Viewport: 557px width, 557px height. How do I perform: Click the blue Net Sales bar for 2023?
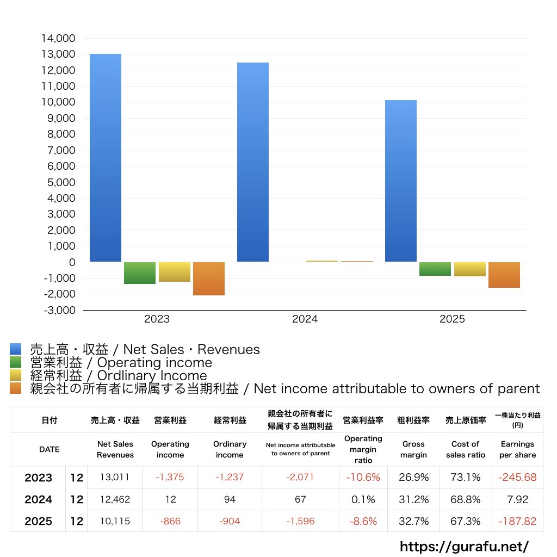click(x=106, y=158)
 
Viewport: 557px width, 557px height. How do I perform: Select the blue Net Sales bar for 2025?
click(x=401, y=181)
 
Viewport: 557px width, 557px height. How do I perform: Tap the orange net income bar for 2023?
click(x=209, y=278)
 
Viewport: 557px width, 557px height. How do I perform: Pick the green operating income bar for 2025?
click(x=435, y=269)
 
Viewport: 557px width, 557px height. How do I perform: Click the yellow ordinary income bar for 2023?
click(x=175, y=272)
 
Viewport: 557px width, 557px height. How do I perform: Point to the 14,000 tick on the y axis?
click(x=58, y=39)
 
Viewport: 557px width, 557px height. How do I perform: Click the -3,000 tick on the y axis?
click(x=58, y=310)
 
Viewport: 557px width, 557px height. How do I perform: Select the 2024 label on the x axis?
click(x=305, y=319)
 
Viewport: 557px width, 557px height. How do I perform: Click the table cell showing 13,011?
click(x=115, y=478)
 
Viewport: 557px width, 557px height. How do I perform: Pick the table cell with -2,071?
click(x=300, y=478)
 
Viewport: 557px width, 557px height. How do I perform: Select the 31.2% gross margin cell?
click(x=413, y=499)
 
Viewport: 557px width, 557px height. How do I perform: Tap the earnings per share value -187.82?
click(x=517, y=521)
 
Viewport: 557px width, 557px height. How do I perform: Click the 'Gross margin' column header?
click(x=413, y=449)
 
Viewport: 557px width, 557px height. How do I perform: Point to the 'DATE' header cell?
click(x=49, y=449)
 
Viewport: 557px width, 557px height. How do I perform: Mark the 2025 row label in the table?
click(x=38, y=521)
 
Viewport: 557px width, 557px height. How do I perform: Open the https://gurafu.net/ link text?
click(x=464, y=546)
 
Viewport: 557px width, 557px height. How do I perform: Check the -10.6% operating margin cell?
click(x=363, y=478)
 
